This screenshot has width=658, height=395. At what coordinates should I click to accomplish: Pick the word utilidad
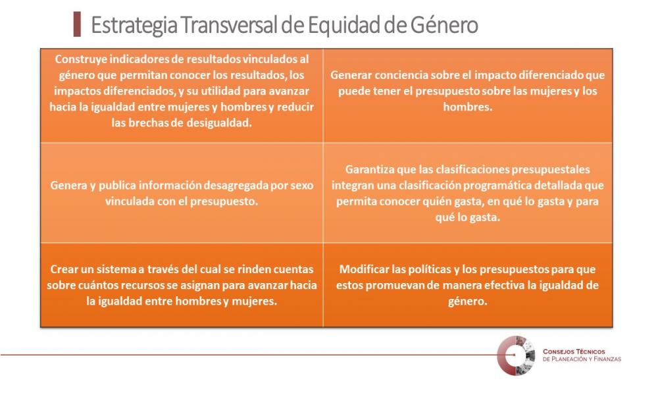pos(222,91)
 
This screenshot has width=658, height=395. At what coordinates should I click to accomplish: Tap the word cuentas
pos(291,270)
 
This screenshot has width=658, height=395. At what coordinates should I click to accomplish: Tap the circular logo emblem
pos(516,355)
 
